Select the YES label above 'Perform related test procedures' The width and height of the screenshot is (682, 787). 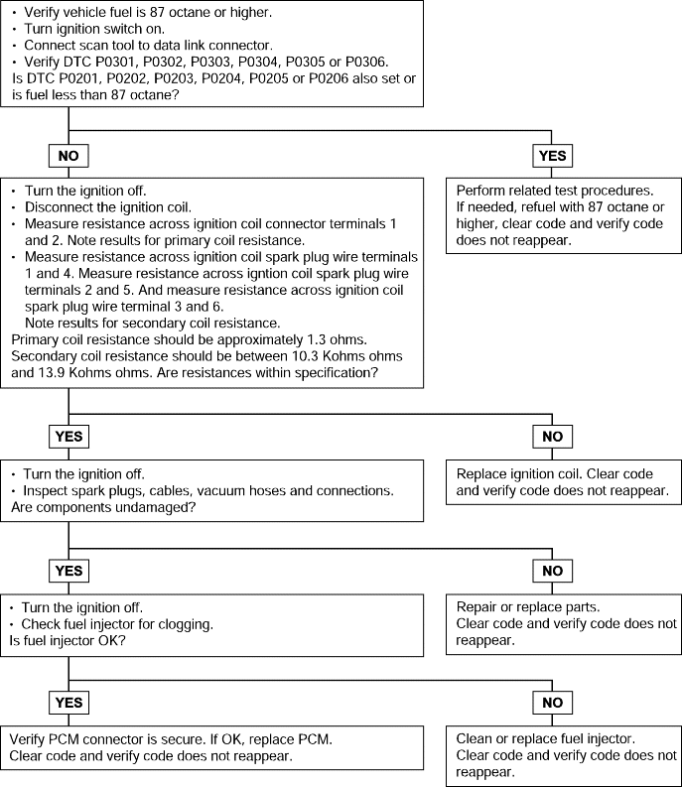click(552, 156)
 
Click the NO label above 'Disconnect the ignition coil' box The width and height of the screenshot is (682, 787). click(68, 156)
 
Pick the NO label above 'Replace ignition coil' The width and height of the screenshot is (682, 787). click(552, 436)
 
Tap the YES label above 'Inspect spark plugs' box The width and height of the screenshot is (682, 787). click(68, 436)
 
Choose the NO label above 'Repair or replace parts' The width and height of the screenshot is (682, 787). click(552, 571)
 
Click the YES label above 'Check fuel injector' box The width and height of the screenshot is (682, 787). click(68, 571)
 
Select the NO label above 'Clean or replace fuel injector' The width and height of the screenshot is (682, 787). click(552, 703)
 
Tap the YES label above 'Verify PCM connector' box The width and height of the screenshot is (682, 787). click(68, 703)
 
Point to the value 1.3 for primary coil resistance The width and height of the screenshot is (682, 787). click(316, 339)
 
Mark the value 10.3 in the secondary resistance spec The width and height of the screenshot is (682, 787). click(305, 356)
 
